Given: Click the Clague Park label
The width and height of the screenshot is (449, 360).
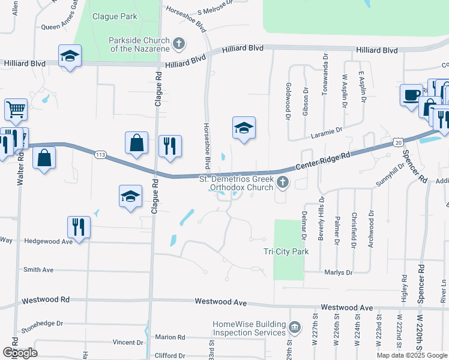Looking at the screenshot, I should [115, 17].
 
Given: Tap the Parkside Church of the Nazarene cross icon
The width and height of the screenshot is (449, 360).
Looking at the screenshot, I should [178, 43].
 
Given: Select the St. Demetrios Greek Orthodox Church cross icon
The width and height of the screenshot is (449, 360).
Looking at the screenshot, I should [283, 182].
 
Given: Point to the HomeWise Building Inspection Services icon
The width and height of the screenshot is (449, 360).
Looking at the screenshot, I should [295, 328].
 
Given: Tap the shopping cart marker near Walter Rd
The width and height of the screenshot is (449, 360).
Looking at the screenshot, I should [16, 110].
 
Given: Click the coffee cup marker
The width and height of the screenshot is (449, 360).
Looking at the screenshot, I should [412, 95].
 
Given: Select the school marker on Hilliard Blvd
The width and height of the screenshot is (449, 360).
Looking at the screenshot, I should [70, 56].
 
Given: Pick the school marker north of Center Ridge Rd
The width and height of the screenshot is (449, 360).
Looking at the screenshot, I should [244, 128].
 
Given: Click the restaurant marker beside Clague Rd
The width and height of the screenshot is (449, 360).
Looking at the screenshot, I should [169, 146].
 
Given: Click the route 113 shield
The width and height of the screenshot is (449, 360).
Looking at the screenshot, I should [100, 155].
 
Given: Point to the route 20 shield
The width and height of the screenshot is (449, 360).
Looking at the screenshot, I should [399, 142].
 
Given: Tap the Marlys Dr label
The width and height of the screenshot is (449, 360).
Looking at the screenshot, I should [338, 272].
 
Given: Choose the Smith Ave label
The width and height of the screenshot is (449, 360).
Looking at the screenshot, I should [38, 270].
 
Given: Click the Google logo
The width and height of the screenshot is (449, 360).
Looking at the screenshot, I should [19, 352].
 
